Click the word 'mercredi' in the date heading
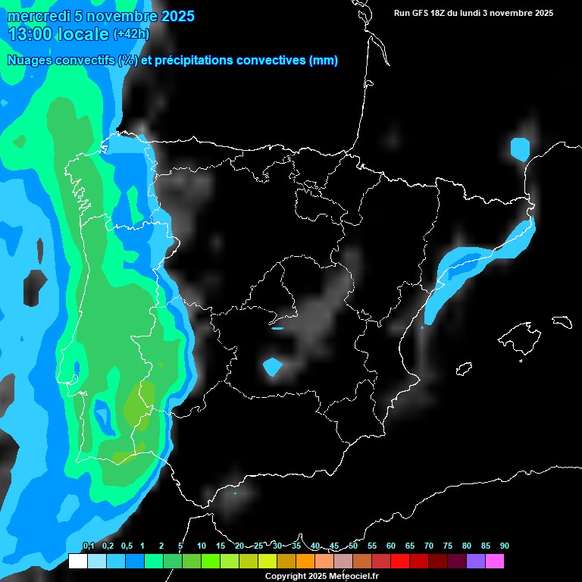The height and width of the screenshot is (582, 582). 35,17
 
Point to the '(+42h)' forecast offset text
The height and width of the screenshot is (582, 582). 130,34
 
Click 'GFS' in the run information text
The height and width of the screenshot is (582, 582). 423,13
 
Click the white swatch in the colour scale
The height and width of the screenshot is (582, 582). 77,561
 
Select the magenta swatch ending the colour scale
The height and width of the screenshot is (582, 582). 495,561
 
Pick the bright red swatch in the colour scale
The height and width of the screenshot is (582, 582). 400,561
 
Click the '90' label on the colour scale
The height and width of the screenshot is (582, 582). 504,546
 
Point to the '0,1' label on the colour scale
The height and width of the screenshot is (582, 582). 88,546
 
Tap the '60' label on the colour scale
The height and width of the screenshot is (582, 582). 390,546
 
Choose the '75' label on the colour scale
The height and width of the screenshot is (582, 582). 447,546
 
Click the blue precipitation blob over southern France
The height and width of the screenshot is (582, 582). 520,148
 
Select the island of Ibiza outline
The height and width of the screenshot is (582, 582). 464,368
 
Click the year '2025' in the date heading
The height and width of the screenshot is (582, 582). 171,17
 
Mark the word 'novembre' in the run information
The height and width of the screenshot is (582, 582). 513,13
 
